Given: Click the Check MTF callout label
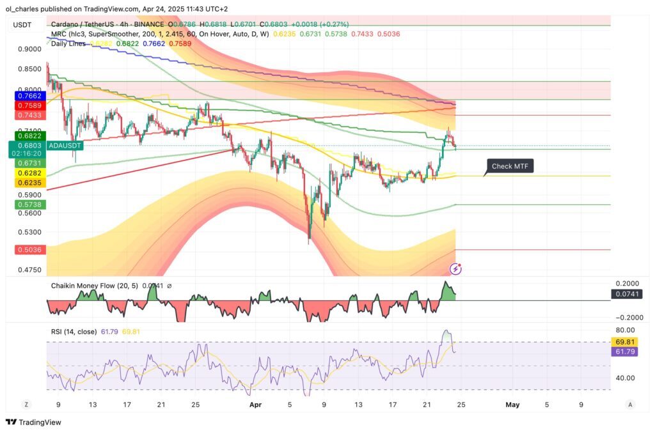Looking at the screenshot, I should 510,167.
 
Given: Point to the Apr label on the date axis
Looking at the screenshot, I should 255,405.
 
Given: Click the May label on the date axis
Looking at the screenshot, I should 512,405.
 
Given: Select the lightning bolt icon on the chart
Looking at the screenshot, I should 456,269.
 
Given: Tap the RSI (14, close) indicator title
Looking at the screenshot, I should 74,331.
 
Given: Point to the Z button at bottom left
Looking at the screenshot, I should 26,405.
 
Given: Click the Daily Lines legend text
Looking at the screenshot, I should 69,43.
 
